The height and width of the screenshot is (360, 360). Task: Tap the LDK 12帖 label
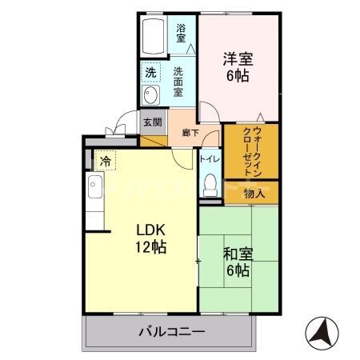point(150,238)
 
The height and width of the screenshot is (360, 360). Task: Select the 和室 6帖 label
point(238,262)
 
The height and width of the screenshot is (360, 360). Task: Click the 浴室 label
point(182,33)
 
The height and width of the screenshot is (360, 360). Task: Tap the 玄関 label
point(152,122)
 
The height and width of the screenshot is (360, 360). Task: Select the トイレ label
point(210,158)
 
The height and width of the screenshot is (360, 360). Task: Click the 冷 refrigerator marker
point(106,162)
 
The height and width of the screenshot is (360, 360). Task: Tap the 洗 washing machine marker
point(150,73)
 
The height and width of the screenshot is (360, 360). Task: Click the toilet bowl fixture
point(210,183)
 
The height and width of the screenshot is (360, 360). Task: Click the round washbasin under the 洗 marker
point(150,95)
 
